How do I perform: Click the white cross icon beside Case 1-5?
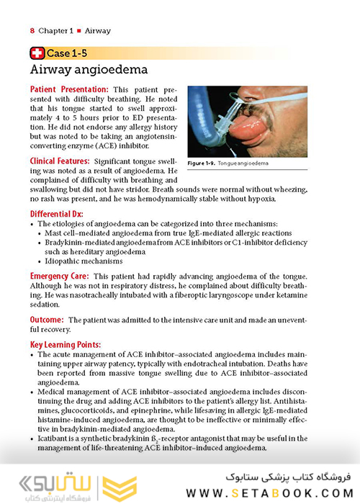pyautogui.click(x=37, y=53)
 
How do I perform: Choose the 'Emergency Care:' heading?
pyautogui.click(x=60, y=276)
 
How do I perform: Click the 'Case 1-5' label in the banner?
pyautogui.click(x=69, y=53)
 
